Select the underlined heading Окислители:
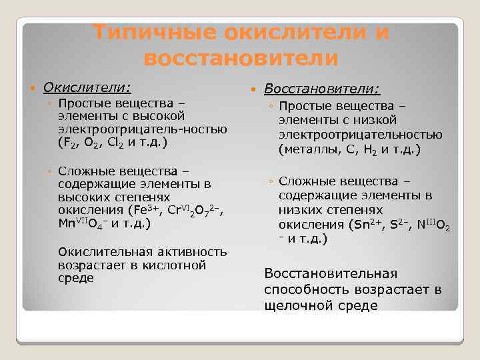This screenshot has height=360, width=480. [87, 87]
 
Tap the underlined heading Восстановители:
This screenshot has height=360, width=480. [323, 89]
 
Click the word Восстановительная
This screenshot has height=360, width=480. [331, 274]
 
